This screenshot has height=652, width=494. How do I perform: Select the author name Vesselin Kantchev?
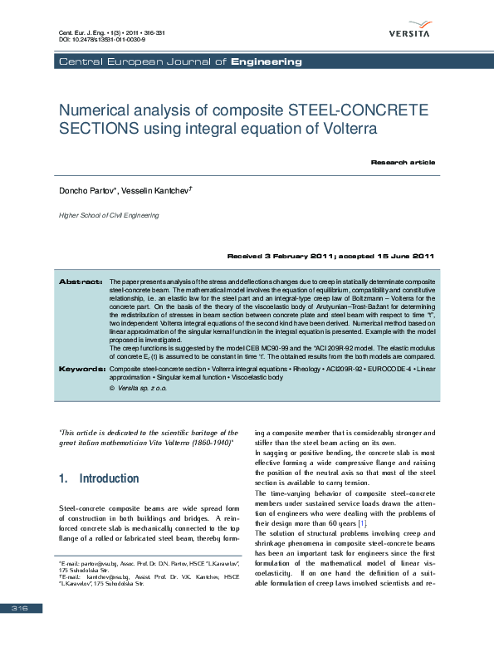click(x=157, y=191)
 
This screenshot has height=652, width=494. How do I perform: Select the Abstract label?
click(x=81, y=282)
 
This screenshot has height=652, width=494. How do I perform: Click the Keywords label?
click(x=80, y=368)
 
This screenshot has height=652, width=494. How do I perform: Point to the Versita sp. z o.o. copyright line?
click(x=139, y=388)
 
